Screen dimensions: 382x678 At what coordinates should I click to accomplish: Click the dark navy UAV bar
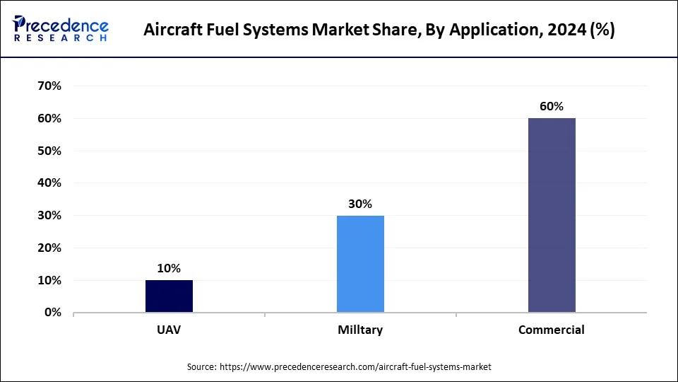169,296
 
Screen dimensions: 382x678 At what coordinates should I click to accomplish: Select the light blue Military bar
360,264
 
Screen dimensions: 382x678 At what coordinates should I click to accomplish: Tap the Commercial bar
552,215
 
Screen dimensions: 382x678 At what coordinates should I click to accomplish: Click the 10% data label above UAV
169,268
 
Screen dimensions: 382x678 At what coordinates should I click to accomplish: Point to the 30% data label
360,204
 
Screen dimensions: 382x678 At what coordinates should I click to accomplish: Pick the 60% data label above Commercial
552,106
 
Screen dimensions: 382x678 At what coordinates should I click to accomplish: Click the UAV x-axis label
169,330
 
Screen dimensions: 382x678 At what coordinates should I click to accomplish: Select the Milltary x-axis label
360,330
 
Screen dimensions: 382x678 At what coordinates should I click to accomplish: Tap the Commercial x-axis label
552,330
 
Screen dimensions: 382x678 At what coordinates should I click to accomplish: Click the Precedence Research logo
61,29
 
